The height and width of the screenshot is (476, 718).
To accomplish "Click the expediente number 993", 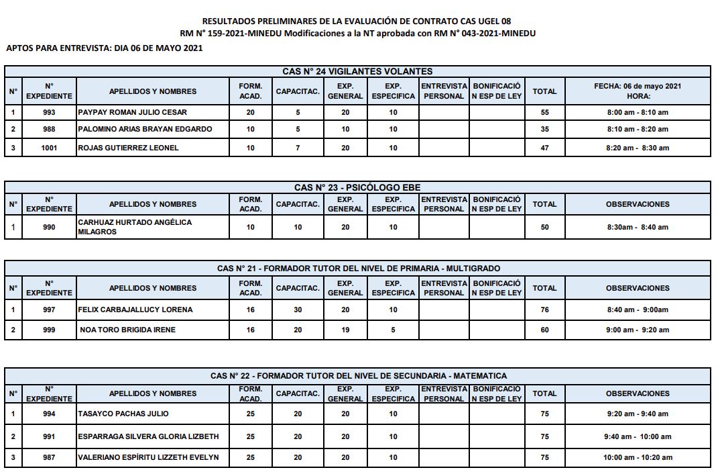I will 49,112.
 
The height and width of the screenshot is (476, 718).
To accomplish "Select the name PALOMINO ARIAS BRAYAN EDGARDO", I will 145,129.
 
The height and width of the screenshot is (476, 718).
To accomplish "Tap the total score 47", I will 544,148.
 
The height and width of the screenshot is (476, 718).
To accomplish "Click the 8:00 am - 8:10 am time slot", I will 637,112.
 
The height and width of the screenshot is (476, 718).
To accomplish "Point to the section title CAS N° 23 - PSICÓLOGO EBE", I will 357,187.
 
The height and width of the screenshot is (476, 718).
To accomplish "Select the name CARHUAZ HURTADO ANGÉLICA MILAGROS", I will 135,227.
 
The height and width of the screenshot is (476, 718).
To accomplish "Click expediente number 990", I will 49,227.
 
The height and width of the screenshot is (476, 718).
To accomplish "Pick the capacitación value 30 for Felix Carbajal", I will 298,310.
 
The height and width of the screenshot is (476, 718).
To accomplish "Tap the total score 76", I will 544,310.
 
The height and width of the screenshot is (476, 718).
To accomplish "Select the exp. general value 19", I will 345,330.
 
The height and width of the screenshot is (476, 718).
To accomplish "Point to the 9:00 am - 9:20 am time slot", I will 637,330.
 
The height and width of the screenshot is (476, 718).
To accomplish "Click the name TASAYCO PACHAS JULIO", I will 123,414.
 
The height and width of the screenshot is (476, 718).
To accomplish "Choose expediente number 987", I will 49,458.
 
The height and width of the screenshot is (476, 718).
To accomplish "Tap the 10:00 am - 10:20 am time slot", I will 637,458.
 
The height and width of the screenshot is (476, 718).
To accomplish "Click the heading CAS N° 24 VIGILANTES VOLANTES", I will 357,71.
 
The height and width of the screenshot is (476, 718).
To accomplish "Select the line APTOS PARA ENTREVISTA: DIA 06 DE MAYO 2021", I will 104,48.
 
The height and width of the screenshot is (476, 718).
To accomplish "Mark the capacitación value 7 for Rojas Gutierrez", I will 298,148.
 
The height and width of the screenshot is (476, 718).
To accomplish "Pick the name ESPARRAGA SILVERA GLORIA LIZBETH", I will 148,436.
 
